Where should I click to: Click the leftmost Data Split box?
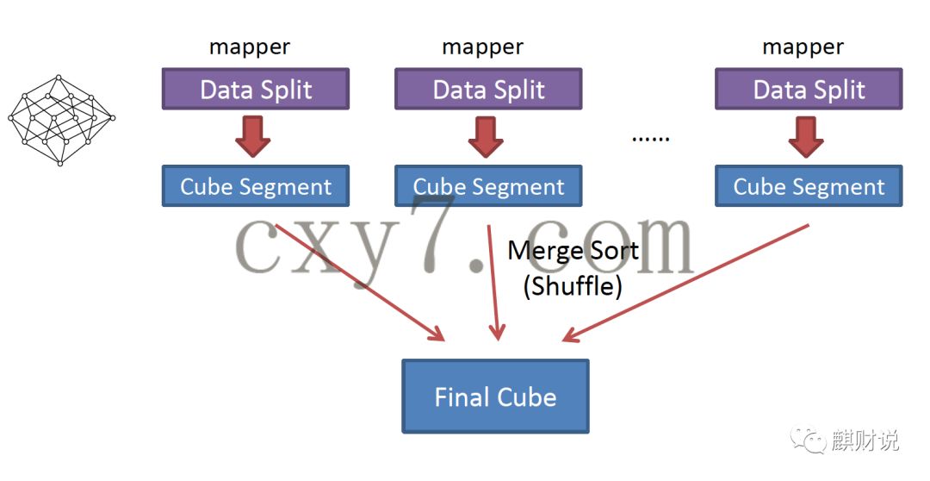[256, 90]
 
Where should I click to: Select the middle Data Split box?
[488, 90]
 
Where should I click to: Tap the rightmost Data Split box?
[809, 90]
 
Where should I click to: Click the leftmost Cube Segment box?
[256, 186]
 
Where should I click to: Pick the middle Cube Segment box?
[488, 186]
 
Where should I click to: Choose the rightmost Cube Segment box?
[809, 186]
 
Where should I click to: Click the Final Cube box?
[495, 397]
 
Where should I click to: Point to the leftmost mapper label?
[250, 47]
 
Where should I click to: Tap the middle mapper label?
[482, 47]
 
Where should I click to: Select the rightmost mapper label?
[803, 47]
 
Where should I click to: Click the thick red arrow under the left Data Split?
[253, 136]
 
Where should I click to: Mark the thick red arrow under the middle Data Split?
[486, 136]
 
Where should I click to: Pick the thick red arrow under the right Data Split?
[806, 136]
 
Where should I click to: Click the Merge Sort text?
[573, 251]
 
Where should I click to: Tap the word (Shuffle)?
[573, 285]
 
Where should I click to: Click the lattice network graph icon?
[60, 119]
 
